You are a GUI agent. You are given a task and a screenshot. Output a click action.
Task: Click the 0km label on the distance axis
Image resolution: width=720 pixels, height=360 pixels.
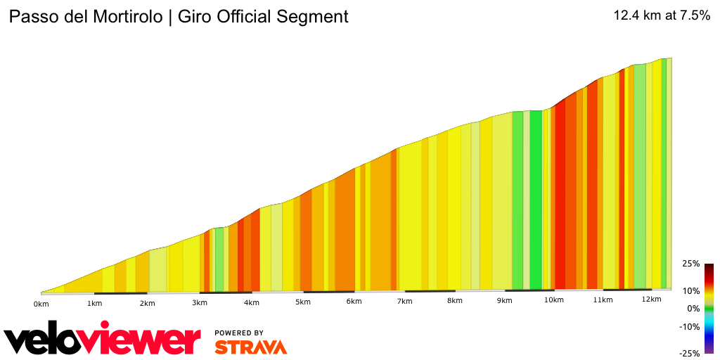pos(41,304)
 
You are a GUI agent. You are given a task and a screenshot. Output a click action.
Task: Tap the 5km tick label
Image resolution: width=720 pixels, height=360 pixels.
pos(303,302)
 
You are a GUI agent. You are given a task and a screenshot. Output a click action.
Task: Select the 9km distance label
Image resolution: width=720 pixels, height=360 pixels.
pos(504,301)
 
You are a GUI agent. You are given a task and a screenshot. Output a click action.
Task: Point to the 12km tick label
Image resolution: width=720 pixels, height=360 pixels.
pos(652,300)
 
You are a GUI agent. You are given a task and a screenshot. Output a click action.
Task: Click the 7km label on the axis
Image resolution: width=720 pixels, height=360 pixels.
pos(404,302)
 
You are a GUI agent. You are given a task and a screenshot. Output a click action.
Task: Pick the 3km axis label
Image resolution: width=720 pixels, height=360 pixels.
pos(200,303)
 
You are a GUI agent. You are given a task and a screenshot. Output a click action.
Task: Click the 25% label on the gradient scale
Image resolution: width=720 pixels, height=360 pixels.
pos(690,264)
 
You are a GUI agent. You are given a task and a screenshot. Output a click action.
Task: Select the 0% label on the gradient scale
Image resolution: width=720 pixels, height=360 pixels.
pos(693,309)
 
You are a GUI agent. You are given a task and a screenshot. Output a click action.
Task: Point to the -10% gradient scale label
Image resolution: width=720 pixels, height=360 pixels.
pos(689,326)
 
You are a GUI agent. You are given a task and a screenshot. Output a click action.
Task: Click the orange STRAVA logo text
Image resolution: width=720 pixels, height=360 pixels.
pos(250,347)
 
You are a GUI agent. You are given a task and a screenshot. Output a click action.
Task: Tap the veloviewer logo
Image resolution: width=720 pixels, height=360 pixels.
pos(103,340)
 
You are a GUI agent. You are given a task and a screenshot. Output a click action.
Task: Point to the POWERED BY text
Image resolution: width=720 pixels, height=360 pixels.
pos(239,333)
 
